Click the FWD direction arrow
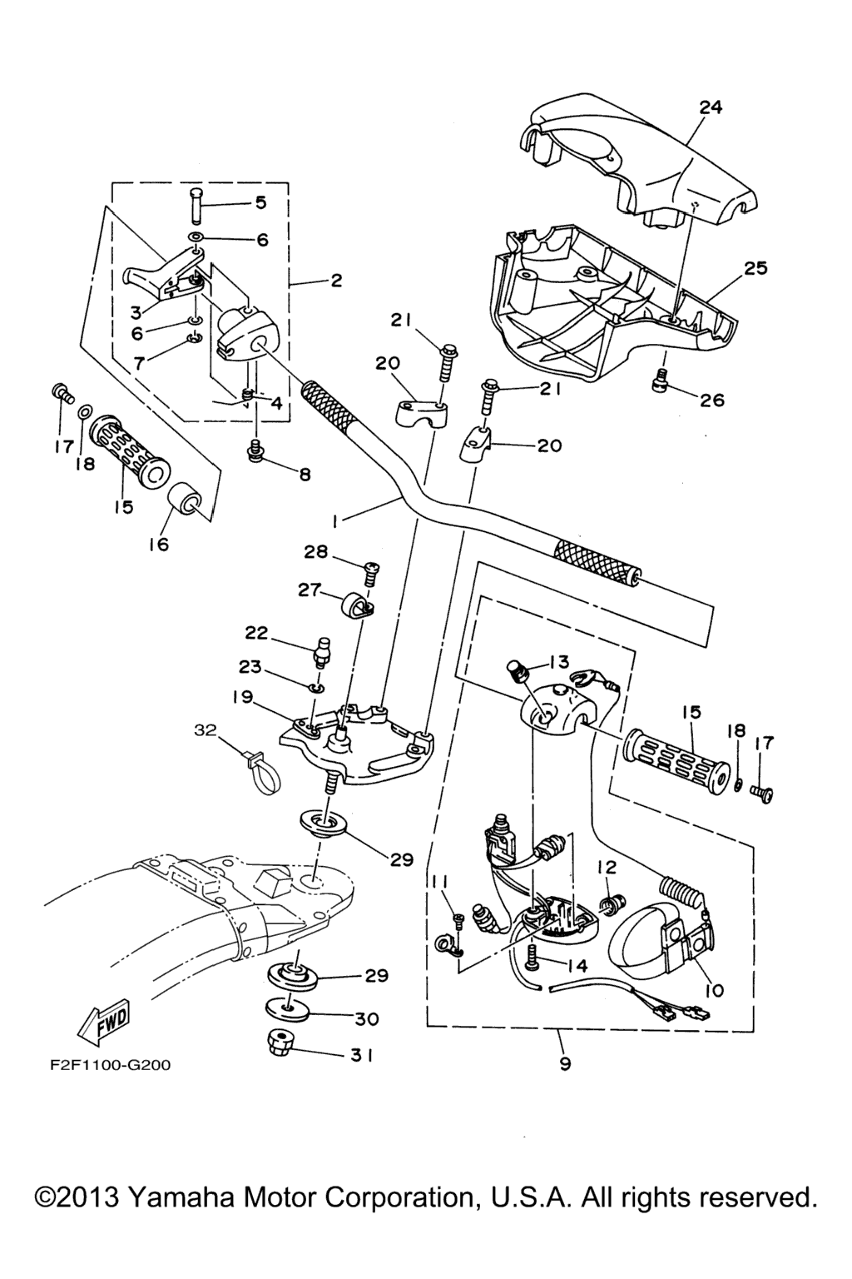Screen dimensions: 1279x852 [103, 1022]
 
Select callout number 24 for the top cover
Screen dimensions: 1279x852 [711, 107]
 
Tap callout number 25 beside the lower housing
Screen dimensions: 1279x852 [755, 269]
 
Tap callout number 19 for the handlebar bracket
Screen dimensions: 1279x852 [243, 697]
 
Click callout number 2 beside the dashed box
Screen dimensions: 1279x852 [336, 281]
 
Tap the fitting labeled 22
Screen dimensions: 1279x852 [320, 650]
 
